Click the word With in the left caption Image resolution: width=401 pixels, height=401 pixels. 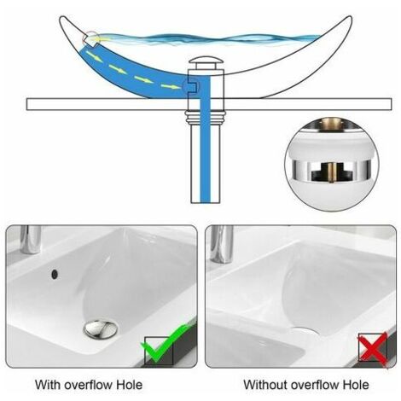coord(47,384)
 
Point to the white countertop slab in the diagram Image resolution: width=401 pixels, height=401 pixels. coord(102,104)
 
